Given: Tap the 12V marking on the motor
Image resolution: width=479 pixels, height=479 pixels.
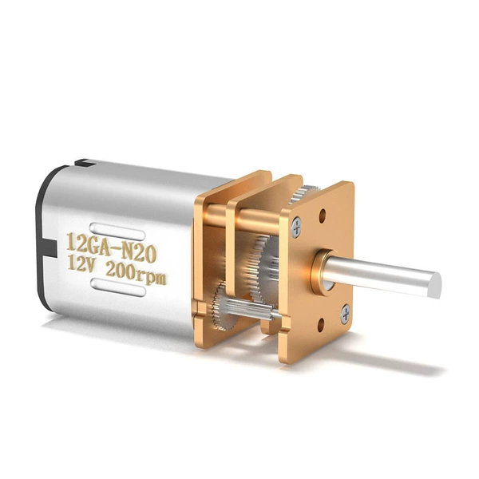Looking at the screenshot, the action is coord(81,265).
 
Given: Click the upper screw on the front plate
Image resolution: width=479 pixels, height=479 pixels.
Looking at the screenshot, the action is coord(296,227).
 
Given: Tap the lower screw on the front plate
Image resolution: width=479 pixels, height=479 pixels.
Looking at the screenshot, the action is coord(346,314).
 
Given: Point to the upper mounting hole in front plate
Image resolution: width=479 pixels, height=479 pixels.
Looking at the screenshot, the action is coord(323,216).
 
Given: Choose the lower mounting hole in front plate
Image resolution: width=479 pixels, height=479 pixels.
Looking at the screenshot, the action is coord(321,325).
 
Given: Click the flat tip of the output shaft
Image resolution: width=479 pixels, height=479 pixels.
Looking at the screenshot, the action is coord(436,285).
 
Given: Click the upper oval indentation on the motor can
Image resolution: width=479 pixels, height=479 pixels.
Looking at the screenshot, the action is coord(117,231).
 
